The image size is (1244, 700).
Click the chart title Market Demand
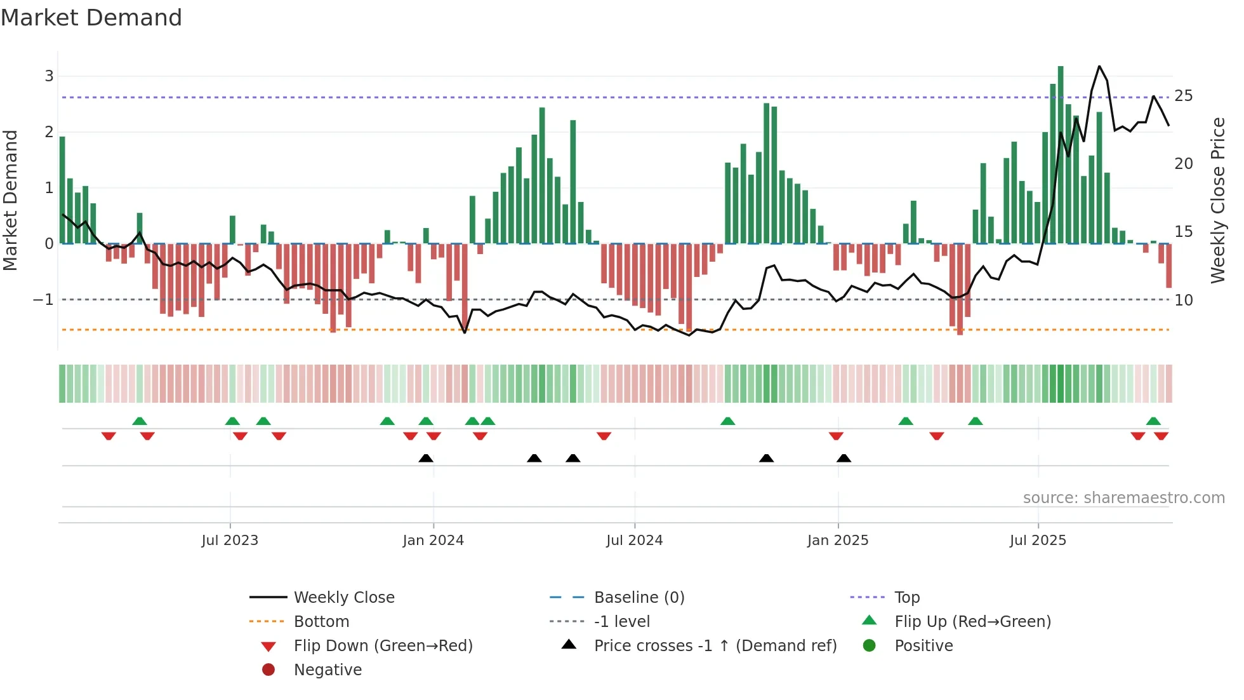click(x=91, y=18)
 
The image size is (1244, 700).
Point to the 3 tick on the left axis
click(x=49, y=76)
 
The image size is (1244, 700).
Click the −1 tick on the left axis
click(x=44, y=299)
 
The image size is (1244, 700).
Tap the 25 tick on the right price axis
click(x=1184, y=96)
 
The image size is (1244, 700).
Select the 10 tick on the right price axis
click(x=1184, y=300)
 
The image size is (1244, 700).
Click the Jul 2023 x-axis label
click(x=230, y=541)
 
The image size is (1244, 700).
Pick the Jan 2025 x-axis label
click(x=838, y=541)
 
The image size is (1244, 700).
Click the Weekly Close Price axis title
click(x=1217, y=200)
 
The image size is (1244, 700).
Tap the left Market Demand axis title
click(x=11, y=200)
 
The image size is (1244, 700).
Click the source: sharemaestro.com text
click(x=1123, y=498)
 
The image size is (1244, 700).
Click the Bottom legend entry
click(x=321, y=622)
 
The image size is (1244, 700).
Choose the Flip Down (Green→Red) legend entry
click(x=383, y=646)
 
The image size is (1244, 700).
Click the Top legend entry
click(x=907, y=598)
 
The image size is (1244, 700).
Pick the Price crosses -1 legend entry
click(x=715, y=646)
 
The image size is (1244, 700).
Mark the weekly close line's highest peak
click(x=1099, y=67)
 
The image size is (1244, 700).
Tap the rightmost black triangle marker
click(x=844, y=458)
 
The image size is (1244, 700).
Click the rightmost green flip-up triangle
click(x=1153, y=421)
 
